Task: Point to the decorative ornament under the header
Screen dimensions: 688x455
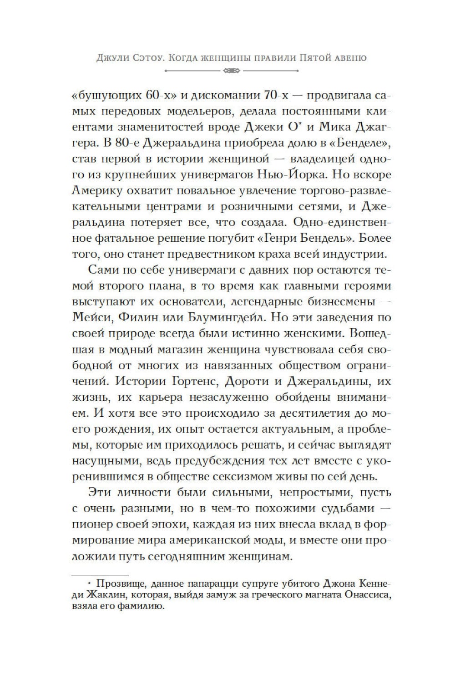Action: click(232, 71)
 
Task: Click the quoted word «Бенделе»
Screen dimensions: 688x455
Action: click(366, 143)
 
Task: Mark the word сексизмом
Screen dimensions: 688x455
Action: click(259, 477)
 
